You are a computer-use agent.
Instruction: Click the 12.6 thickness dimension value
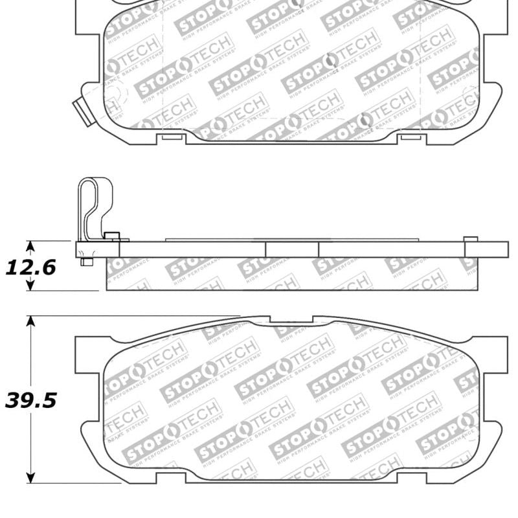pos(30,267)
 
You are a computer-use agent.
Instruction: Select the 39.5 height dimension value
pos(30,401)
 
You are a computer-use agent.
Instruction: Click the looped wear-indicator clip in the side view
pos(93,207)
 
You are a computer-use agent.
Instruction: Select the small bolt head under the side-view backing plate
pos(85,262)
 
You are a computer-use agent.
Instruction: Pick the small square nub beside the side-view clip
pos(112,236)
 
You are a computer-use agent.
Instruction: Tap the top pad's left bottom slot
pos(172,137)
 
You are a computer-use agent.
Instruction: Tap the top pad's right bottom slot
pos(409,137)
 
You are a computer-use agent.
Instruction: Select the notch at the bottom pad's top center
pos(291,320)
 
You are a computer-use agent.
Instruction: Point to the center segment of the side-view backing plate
pos(291,249)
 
